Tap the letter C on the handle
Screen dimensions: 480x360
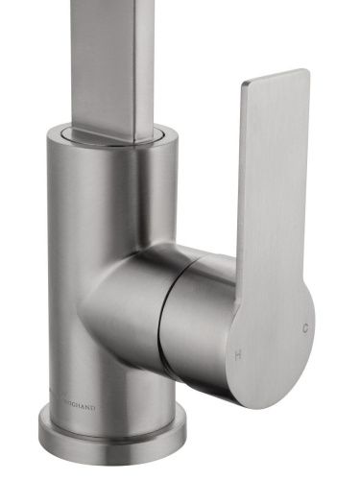click(304, 328)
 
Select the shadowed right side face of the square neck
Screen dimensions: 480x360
click(144, 58)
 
